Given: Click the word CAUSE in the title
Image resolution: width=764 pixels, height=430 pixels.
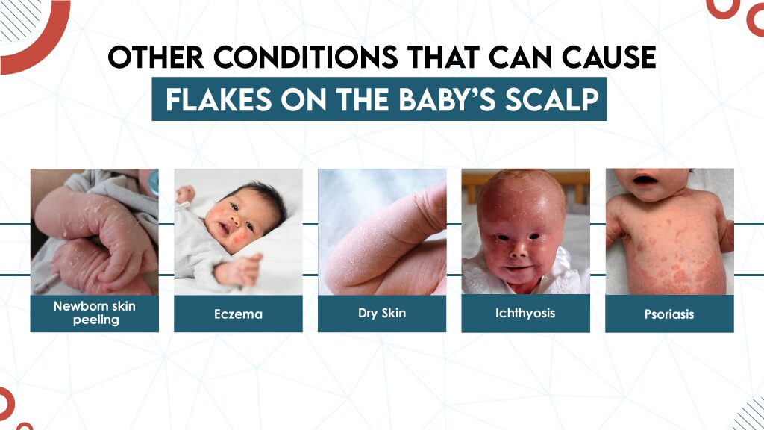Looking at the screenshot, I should [x=606, y=58].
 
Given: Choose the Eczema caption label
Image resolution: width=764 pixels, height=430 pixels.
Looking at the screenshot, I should [x=238, y=314].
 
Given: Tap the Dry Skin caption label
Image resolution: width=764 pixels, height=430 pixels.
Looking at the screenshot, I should [x=382, y=313].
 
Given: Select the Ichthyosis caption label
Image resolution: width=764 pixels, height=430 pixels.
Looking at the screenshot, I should [x=525, y=313].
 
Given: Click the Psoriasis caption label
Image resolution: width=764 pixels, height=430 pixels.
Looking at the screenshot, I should [x=669, y=314].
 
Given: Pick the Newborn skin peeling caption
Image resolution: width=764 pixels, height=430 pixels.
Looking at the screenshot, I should [x=95, y=314].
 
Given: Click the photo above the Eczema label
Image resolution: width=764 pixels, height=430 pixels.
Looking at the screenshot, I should [x=238, y=231].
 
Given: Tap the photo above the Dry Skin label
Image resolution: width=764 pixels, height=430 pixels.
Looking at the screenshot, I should [x=382, y=231].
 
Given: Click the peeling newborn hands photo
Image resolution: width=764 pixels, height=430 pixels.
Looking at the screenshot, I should [x=95, y=231].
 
